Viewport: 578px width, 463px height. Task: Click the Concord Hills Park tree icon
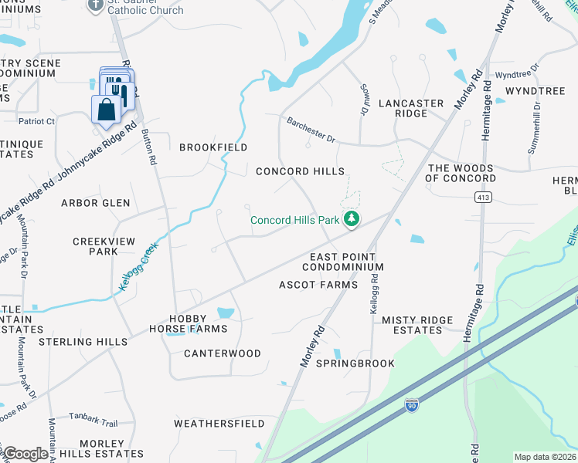coord(352,220)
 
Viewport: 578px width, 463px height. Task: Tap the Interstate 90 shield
coord(411,404)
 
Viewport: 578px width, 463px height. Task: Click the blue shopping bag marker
coord(106,110)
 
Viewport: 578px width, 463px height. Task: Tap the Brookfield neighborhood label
coord(213,147)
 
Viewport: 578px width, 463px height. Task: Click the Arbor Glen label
coord(96,203)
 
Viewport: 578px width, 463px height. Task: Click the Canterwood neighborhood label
coord(223,353)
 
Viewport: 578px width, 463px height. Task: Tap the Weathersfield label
coord(219,424)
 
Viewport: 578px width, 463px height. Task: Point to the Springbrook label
coord(355,363)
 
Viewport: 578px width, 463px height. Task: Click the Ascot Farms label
coord(318,285)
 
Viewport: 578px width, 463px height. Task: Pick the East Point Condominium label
coord(342,262)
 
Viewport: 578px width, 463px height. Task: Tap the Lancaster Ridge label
coord(411,108)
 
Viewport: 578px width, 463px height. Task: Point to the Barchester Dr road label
coord(311,129)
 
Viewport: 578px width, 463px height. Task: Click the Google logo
coord(25,454)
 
